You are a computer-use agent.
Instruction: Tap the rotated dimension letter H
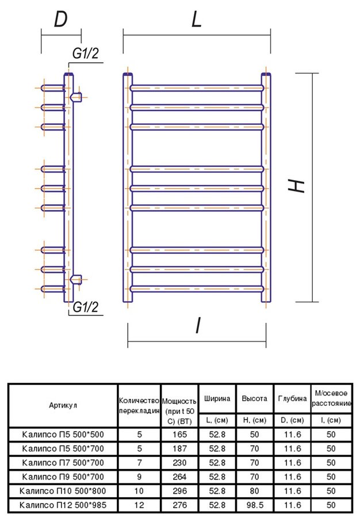(296, 186)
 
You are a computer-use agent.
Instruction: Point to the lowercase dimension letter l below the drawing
(198, 325)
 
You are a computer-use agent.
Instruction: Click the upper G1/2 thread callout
(86, 54)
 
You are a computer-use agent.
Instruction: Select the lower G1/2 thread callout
(86, 307)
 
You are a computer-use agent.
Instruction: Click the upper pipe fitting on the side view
(75, 97)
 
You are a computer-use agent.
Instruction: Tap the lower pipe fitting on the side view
(75, 280)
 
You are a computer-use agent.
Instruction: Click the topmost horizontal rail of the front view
(197, 88)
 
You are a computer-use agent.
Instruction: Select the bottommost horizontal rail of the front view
(197, 289)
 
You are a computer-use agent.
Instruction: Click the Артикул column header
(63, 405)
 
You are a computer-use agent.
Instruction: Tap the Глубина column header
(292, 398)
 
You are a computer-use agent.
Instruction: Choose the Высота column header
(254, 398)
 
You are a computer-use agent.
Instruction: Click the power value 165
(179, 435)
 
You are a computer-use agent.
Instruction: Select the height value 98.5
(254, 505)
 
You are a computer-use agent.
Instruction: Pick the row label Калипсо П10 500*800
(63, 491)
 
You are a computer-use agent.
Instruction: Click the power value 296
(179, 491)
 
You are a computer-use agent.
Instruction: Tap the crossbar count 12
(139, 505)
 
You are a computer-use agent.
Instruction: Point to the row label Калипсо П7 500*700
(63, 463)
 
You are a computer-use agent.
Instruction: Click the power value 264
(179, 477)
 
